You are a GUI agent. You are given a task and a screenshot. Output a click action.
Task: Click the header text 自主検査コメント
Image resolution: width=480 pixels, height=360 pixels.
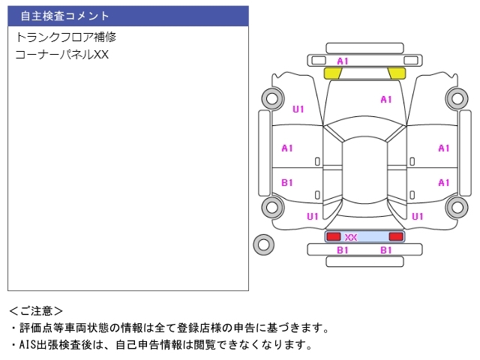click(64, 16)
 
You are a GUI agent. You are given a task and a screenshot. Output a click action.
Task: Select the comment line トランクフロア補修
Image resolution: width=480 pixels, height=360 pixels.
click(66, 37)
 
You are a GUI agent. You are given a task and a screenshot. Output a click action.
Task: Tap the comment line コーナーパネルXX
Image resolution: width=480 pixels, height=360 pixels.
click(62, 55)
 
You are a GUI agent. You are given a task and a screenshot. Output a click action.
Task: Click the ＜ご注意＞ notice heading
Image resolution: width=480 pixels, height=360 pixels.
click(36, 310)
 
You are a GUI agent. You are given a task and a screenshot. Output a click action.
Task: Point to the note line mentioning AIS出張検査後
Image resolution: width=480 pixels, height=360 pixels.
click(161, 345)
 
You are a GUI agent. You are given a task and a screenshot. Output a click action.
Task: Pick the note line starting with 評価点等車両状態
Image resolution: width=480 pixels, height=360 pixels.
click(169, 328)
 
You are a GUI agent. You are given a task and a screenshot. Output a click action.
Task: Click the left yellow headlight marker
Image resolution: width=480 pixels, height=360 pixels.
click(332, 73)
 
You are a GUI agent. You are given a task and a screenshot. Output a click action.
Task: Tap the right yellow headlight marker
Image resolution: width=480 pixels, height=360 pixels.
click(396, 73)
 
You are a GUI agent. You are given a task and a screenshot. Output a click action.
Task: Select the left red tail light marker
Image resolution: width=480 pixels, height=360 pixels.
click(332, 236)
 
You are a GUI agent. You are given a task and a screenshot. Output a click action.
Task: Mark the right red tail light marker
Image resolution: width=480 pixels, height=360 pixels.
click(396, 236)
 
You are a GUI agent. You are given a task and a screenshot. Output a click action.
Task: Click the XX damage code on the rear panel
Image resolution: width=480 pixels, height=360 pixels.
click(350, 237)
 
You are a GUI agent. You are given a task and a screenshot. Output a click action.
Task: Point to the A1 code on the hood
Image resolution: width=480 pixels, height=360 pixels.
click(386, 100)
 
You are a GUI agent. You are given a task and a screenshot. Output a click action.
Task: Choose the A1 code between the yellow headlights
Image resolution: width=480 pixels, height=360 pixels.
click(343, 61)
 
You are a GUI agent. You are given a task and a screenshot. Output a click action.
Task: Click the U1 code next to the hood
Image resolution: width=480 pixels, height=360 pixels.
click(298, 109)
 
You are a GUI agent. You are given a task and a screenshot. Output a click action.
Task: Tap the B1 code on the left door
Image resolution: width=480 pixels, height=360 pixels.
click(287, 182)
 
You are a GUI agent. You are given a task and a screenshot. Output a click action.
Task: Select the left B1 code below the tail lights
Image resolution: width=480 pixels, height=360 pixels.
click(343, 250)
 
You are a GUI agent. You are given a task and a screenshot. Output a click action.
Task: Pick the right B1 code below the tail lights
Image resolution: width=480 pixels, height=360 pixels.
click(386, 250)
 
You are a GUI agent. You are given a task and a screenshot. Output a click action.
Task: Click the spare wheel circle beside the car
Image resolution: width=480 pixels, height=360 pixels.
click(263, 243)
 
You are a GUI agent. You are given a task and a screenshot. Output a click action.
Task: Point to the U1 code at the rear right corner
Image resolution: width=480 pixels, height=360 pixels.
click(418, 216)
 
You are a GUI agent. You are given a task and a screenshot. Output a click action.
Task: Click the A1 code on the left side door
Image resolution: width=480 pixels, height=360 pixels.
click(287, 148)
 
